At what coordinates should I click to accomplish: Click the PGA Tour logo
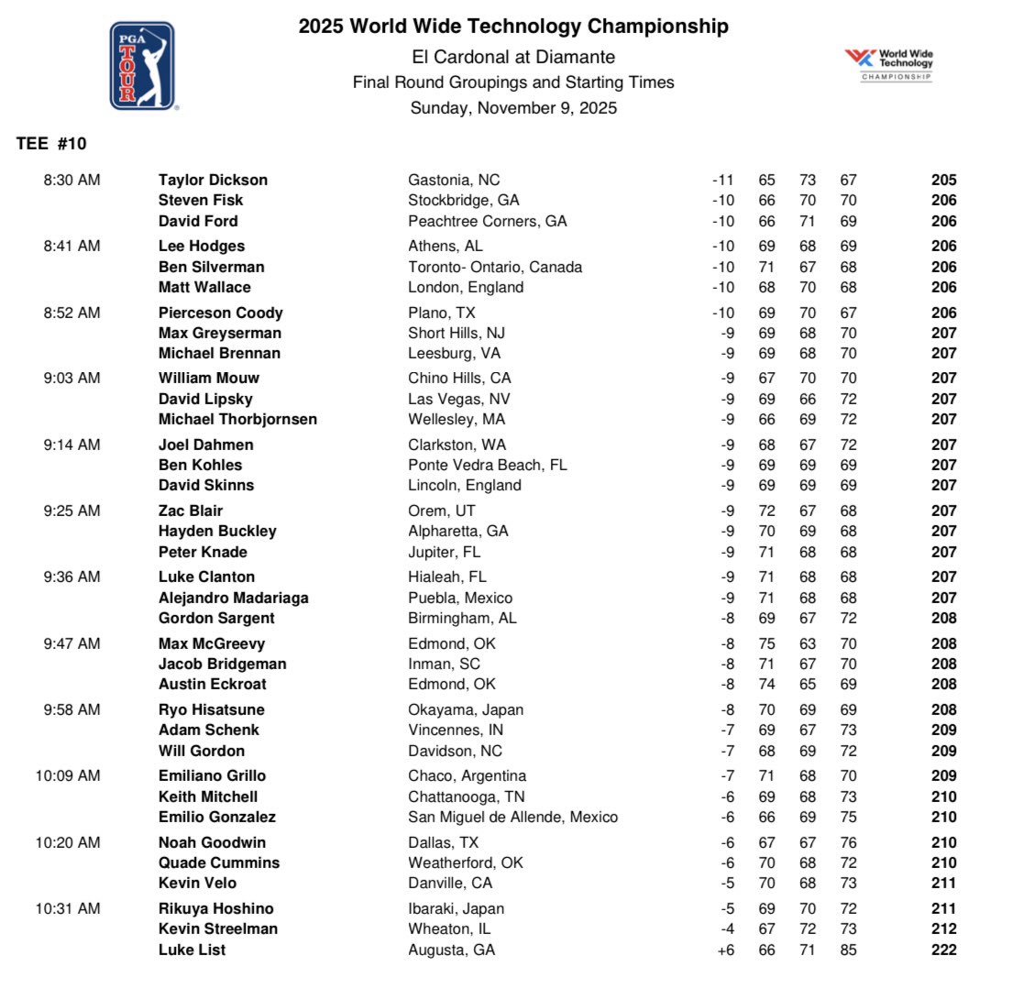click(143, 67)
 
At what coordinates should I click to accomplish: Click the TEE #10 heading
click(51, 144)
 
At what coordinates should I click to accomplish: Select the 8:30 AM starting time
click(71, 180)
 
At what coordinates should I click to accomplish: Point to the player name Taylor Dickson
click(213, 180)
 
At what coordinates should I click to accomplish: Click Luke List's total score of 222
click(943, 950)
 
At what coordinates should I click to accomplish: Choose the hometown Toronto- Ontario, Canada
click(495, 267)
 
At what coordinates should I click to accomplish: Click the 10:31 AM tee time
click(68, 908)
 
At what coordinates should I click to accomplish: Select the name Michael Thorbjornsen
click(237, 419)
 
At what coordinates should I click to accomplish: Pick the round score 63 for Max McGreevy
click(808, 643)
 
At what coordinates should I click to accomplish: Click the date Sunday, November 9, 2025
click(513, 108)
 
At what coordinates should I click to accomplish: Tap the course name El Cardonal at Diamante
click(513, 57)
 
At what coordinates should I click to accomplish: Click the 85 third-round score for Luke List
click(848, 950)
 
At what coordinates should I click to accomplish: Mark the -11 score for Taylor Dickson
click(724, 180)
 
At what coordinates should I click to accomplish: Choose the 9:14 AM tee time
click(71, 445)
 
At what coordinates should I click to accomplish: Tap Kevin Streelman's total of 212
click(943, 929)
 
